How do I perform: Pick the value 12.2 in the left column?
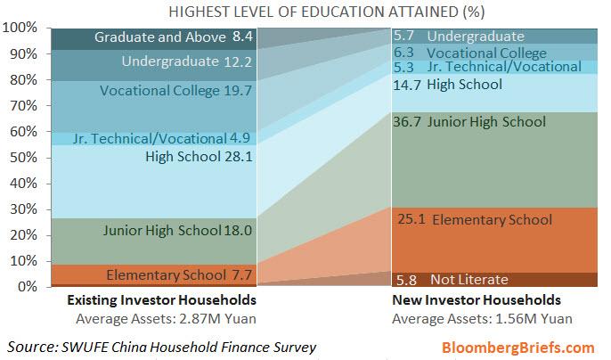(x=238, y=61)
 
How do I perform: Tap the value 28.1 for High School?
(x=237, y=158)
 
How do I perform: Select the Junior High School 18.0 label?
(x=178, y=230)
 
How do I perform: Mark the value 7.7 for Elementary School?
(x=241, y=274)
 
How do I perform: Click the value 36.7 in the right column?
(x=407, y=122)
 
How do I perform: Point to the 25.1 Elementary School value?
(x=407, y=219)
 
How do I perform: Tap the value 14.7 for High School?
(x=406, y=85)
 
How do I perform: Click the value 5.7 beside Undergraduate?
(x=406, y=37)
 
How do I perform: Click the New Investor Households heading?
(x=477, y=300)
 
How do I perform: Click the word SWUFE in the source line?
(x=99, y=345)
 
